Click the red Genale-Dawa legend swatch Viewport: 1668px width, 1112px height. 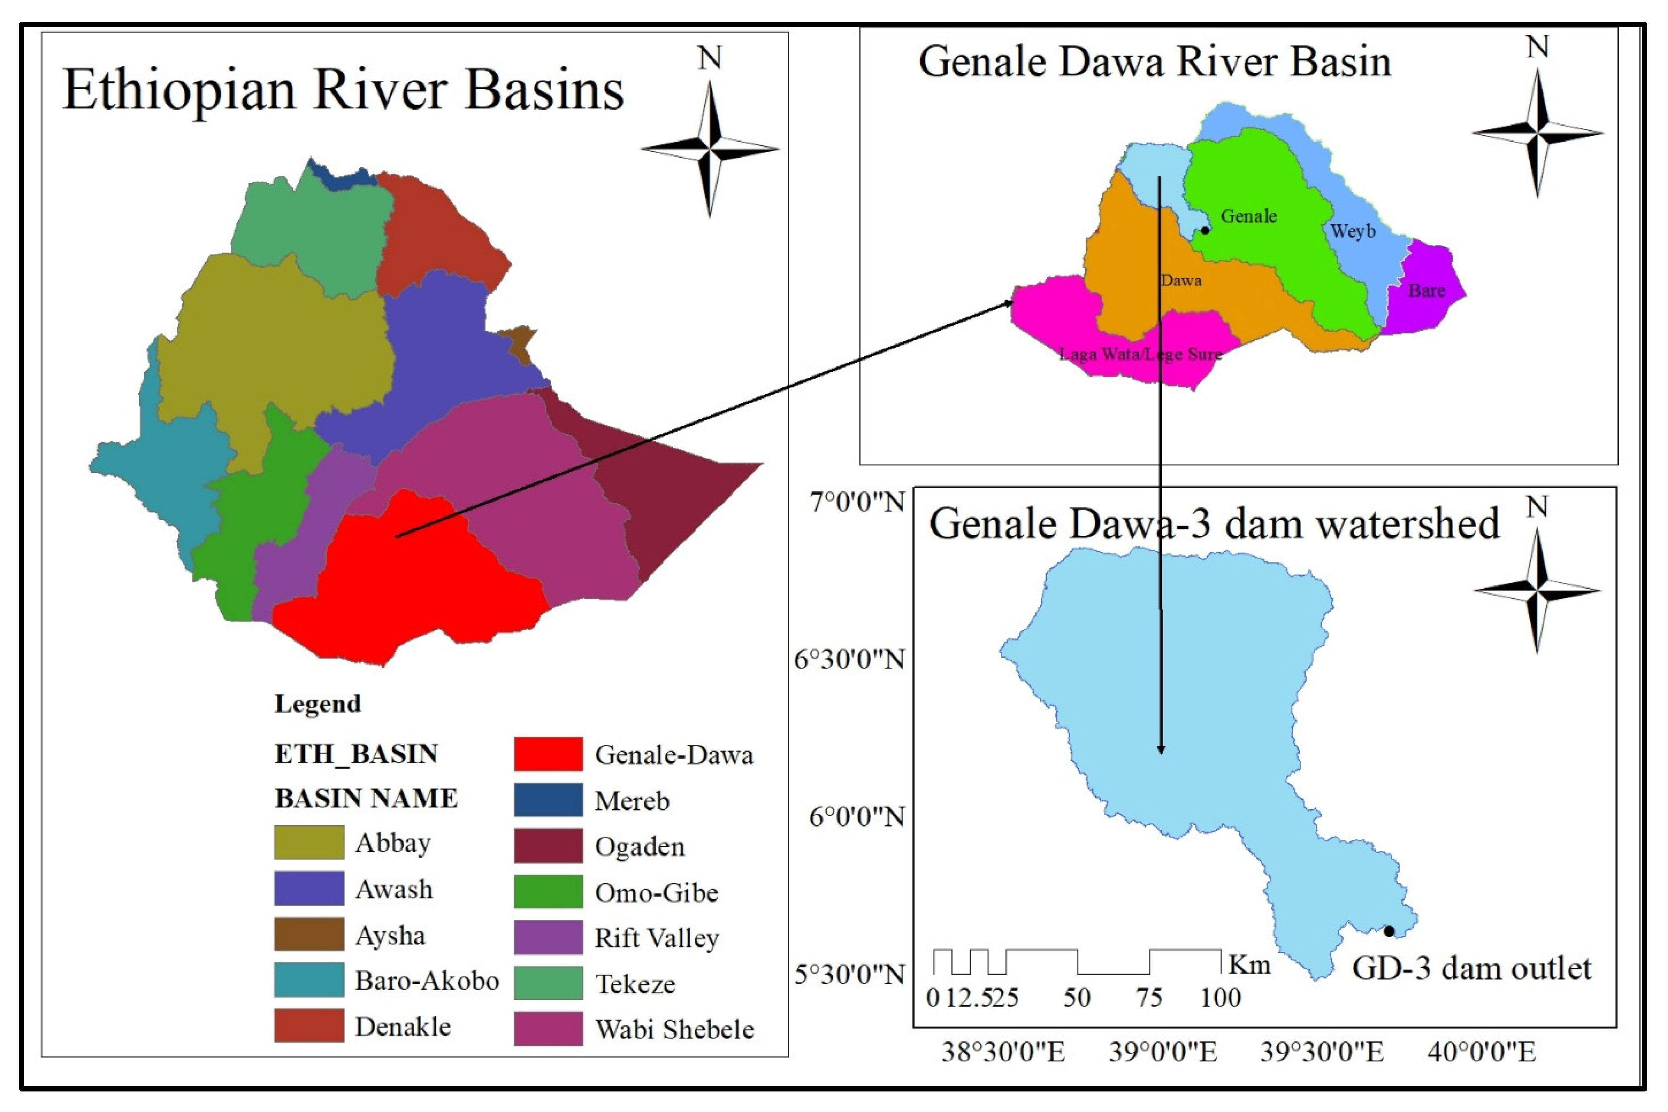click(x=548, y=754)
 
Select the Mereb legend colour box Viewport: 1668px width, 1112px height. click(x=548, y=799)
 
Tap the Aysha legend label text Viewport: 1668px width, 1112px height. click(x=390, y=935)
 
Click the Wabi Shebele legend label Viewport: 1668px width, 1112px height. click(x=674, y=1029)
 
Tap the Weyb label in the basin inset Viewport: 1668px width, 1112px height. click(x=1352, y=231)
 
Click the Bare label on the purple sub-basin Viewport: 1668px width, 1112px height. click(x=1426, y=291)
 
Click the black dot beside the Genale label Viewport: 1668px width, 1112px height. click(x=1205, y=230)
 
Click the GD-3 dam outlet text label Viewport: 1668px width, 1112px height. click(x=1472, y=968)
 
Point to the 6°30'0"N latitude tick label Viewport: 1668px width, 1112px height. click(x=849, y=660)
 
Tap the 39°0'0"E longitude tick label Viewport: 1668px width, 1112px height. click(x=1163, y=1051)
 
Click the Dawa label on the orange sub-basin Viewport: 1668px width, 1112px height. click(x=1181, y=280)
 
